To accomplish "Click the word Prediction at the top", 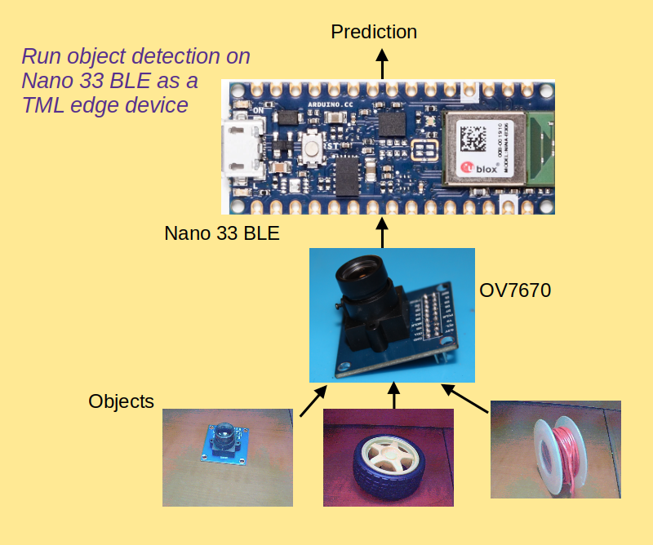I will pos(374,32).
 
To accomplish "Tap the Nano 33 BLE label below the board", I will pos(222,233).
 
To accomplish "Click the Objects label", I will pos(122,401).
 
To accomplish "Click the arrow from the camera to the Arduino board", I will pos(382,232).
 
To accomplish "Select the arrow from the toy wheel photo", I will pos(394,397).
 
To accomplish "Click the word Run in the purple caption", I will pos(41,57).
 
